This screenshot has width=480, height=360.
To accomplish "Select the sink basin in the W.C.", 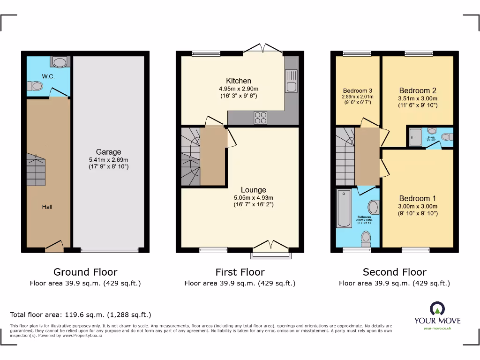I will (60, 62).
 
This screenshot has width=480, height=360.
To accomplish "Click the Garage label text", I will (108, 152).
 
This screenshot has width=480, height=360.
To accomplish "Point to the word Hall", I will (47, 207).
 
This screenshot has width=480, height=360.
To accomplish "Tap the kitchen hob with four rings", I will (260, 118).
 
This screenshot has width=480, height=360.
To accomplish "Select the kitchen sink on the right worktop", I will (291, 80).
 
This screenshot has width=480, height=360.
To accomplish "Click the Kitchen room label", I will (238, 81).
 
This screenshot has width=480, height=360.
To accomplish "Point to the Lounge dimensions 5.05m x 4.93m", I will (253, 197).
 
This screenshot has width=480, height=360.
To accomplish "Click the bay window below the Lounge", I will (271, 255).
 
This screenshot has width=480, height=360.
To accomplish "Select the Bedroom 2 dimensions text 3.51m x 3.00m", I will (417, 98).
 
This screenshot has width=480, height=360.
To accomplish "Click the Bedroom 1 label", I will (417, 198).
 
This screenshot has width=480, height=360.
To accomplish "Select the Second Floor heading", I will (394, 272).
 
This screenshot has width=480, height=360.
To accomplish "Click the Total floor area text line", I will (81, 315).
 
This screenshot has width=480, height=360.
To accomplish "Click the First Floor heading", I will (240, 272).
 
